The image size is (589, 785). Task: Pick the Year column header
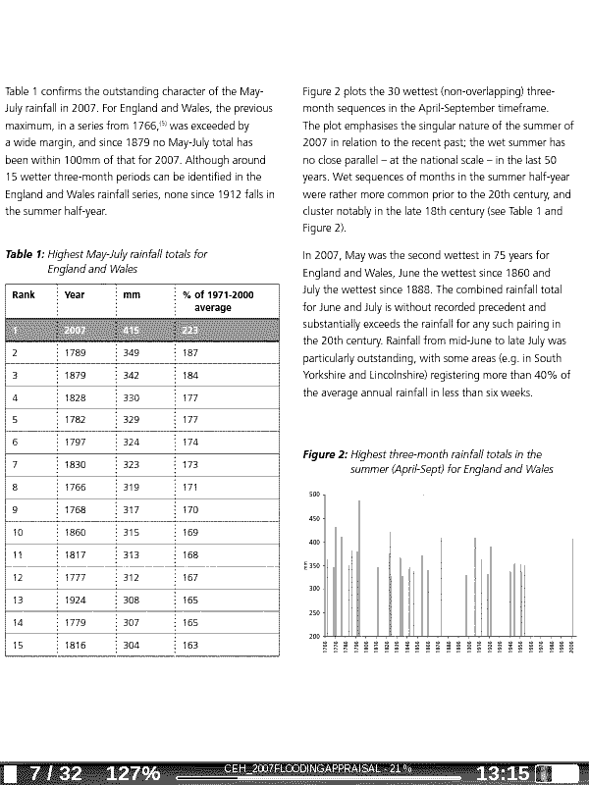click(75, 294)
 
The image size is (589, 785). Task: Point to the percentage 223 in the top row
click(190, 329)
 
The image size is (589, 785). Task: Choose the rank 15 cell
click(18, 646)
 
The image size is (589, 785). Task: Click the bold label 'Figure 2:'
click(325, 455)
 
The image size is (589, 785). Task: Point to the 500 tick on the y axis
click(314, 496)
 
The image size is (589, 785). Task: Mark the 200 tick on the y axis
click(314, 637)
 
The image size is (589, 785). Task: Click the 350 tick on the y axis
click(314, 566)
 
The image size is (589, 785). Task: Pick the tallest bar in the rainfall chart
click(359, 568)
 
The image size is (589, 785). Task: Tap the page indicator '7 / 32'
click(56, 773)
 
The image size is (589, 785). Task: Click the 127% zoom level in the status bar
click(133, 773)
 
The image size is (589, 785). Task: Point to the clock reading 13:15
click(504, 773)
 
